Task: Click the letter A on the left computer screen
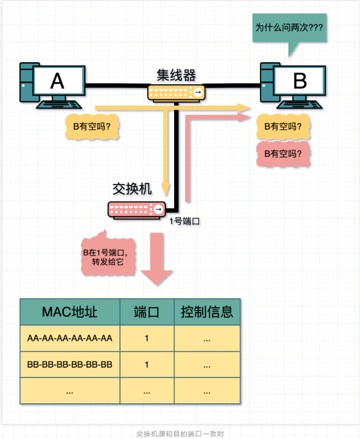pyautogui.click(x=57, y=81)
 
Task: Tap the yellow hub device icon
pyautogui.click(x=176, y=93)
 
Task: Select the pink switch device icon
pyautogui.click(x=137, y=209)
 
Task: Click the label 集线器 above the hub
pyautogui.click(x=176, y=75)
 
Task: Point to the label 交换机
pyautogui.click(x=132, y=188)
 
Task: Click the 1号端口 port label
pyautogui.click(x=185, y=221)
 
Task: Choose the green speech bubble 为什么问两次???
pyautogui.click(x=289, y=26)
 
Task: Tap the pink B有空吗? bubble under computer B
pyautogui.click(x=283, y=153)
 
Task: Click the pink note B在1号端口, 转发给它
pyautogui.click(x=108, y=258)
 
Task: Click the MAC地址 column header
pyautogui.click(x=70, y=312)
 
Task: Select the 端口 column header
pyautogui.click(x=146, y=312)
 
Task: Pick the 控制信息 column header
pyautogui.click(x=207, y=312)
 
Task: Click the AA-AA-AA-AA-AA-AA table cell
pyautogui.click(x=70, y=339)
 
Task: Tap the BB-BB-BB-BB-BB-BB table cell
pyautogui.click(x=70, y=364)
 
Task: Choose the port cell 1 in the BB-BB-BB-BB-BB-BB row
pyautogui.click(x=146, y=364)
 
